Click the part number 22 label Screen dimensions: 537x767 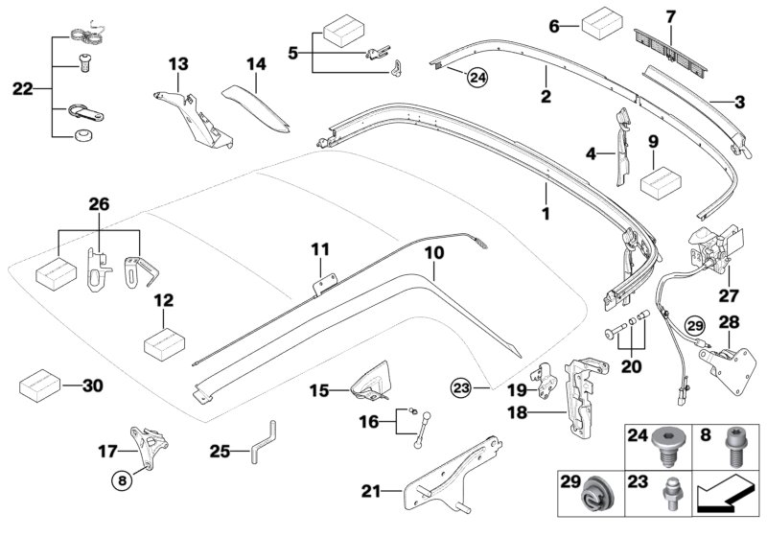(22, 89)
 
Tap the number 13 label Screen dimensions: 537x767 (179, 63)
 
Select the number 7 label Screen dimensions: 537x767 (670, 16)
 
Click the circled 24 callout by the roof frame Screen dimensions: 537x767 (477, 77)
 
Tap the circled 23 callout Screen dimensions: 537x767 (462, 387)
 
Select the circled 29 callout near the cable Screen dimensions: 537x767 (694, 325)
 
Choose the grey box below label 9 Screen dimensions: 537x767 (654, 181)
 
